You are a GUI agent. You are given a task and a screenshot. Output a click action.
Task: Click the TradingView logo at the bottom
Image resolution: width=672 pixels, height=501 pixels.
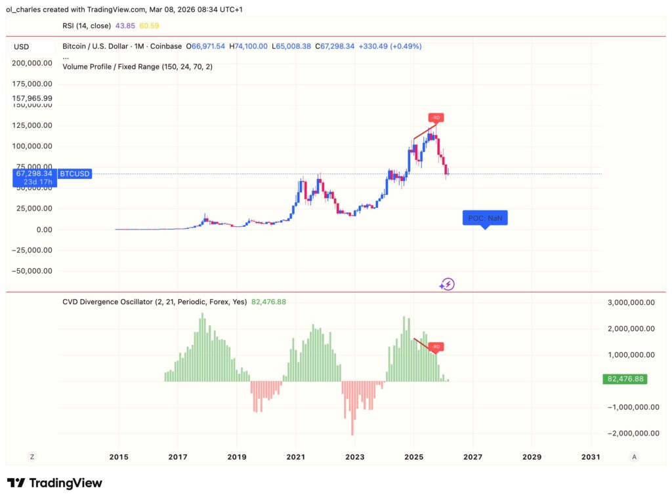(54, 483)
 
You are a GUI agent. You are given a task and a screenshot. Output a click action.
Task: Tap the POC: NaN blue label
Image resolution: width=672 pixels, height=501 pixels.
(485, 218)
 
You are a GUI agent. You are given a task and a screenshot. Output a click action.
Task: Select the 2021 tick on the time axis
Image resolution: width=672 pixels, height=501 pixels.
(295, 456)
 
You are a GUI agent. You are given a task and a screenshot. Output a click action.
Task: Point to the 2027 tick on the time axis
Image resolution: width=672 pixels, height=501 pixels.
(472, 456)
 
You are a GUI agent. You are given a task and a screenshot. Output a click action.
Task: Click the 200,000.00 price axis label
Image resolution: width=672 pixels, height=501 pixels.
(32, 63)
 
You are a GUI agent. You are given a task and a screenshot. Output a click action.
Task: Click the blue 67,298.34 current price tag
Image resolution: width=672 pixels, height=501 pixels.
(33, 174)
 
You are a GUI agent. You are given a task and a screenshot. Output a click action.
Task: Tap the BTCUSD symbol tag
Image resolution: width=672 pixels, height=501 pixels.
(75, 174)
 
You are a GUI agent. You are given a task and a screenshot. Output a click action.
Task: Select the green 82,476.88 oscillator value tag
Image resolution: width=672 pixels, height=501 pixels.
(625, 379)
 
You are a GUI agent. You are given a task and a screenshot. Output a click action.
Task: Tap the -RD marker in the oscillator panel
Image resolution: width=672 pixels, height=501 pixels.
(436, 346)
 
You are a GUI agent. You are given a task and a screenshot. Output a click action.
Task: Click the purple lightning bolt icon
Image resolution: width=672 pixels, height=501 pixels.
(447, 284)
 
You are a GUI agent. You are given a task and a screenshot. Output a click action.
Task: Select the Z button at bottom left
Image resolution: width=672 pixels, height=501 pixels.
(31, 456)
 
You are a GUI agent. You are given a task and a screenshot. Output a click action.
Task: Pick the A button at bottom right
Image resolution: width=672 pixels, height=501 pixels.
(633, 456)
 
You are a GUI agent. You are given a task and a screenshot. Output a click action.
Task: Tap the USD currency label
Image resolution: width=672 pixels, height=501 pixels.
(22, 47)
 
